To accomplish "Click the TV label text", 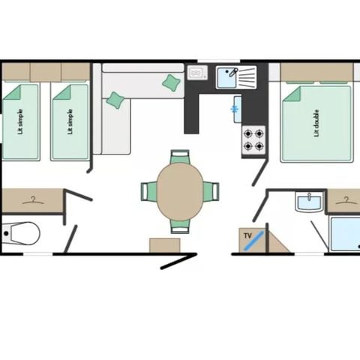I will [x=247, y=235].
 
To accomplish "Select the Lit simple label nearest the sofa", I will [x=70, y=121].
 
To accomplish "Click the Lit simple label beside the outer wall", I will [x=19, y=121].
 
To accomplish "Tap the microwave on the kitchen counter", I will [x=198, y=73].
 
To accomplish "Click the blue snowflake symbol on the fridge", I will [x=235, y=110].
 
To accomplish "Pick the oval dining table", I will [x=180, y=191].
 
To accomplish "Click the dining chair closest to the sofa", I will [x=180, y=157].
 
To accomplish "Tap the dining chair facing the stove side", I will [x=212, y=191].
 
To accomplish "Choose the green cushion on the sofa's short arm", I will [x=115, y=100].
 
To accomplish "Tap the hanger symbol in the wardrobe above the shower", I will [x=344, y=200].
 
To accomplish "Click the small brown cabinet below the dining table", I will [x=163, y=245].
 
